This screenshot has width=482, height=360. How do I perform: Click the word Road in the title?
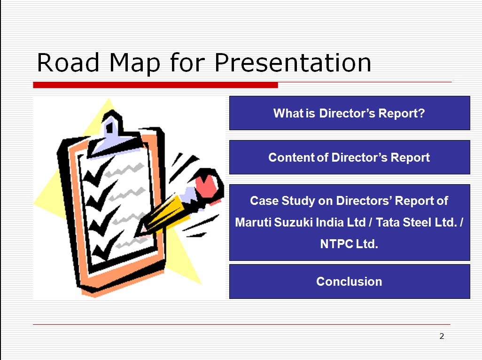68,63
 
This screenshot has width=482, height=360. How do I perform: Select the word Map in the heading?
135,63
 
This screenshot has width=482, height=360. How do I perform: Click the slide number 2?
442,336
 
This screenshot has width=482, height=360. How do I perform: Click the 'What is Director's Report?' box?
350,113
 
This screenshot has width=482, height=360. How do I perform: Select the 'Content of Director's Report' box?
350,157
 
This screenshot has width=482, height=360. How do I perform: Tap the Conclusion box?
350,282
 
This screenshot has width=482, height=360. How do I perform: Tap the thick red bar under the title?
155,85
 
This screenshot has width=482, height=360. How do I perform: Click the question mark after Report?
421,113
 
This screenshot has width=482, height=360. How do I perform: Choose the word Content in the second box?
292,157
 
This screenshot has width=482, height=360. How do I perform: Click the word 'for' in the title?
187,63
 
